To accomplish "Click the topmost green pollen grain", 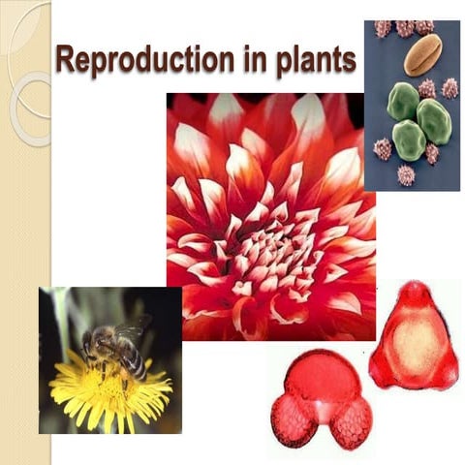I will coord(403,100).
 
